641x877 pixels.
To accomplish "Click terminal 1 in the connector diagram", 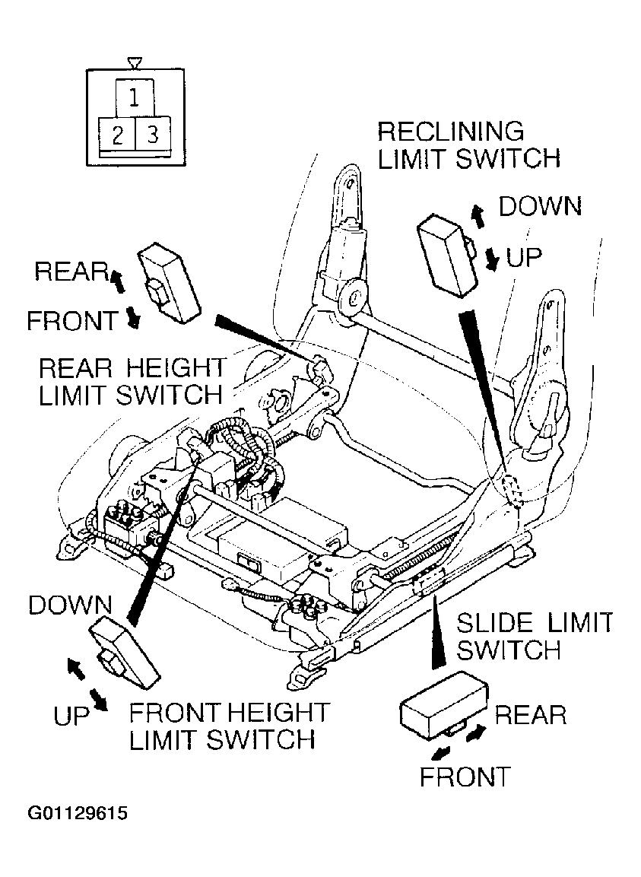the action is click(x=135, y=98).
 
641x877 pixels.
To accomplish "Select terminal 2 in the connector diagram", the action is click(x=117, y=134).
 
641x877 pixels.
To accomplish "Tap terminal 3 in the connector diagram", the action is click(x=153, y=134).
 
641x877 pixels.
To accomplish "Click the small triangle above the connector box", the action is click(x=135, y=62).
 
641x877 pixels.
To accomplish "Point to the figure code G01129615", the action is click(x=78, y=812).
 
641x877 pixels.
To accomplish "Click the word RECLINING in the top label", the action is click(x=451, y=132).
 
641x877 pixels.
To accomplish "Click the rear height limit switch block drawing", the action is click(x=169, y=284).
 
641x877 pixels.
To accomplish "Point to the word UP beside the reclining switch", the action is click(x=524, y=258).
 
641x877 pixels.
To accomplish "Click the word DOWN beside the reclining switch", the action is click(x=540, y=206).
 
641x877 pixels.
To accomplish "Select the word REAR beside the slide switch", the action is click(x=531, y=715).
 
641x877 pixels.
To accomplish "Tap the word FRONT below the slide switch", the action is click(x=465, y=777).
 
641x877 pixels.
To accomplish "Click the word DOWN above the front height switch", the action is click(x=71, y=605).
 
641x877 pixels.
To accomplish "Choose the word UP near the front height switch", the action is click(x=71, y=715).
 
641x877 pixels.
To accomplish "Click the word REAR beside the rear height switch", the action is click(x=71, y=272).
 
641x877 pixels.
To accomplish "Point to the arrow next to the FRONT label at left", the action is click(x=133, y=318).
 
